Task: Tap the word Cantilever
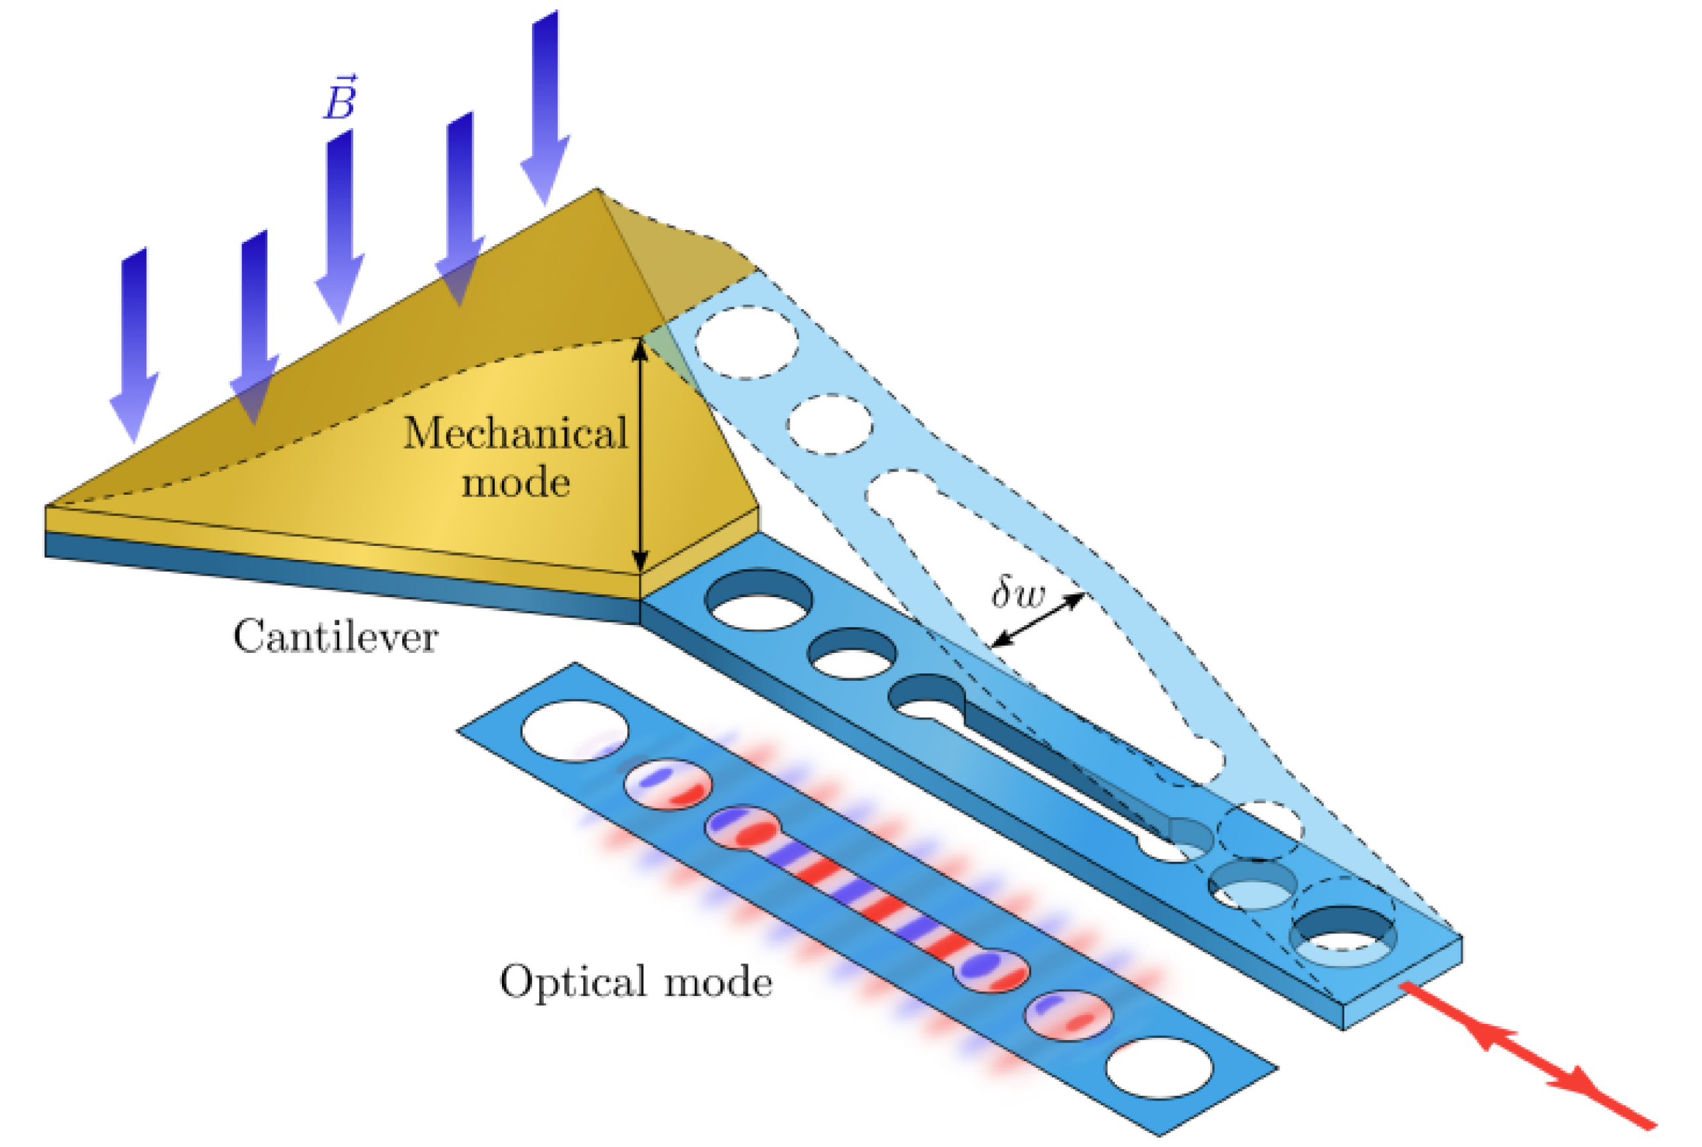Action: click(x=336, y=636)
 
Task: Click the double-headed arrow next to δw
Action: click(x=1037, y=620)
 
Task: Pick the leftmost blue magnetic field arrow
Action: click(x=134, y=344)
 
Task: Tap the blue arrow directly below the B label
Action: click(x=340, y=227)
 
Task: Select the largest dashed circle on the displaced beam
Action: click(x=746, y=342)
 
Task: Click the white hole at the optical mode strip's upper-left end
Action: click(x=574, y=731)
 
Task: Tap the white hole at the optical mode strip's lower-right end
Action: click(x=1159, y=1067)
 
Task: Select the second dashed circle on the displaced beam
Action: click(x=830, y=424)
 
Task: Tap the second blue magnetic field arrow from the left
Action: click(x=255, y=326)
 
